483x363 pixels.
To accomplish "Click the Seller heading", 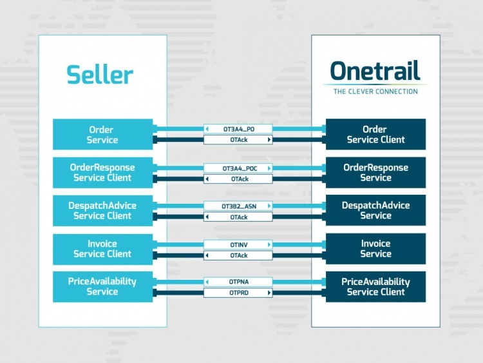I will pyautogui.click(x=100, y=74).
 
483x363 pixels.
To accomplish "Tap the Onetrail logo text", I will pyautogui.click(x=375, y=71).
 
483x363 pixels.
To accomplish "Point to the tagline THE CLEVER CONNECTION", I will pyautogui.click(x=375, y=92).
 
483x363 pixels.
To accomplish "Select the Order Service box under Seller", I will pyautogui.click(x=102, y=134).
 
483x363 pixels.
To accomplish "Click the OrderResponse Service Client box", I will pyautogui.click(x=102, y=172).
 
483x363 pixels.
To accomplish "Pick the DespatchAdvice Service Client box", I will pyautogui.click(x=102, y=210).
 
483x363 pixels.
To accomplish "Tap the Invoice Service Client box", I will pyautogui.click(x=102, y=248).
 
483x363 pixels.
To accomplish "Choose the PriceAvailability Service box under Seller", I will pyautogui.click(x=102, y=286).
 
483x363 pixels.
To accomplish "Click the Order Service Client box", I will pyautogui.click(x=375, y=134).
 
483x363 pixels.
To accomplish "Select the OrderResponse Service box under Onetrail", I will pyautogui.click(x=375, y=172).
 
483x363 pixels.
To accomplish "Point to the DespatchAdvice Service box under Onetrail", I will pyautogui.click(x=375, y=210).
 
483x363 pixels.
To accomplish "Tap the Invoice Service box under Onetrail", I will pyautogui.click(x=375, y=248).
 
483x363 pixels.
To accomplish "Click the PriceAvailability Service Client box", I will pyautogui.click(x=375, y=286).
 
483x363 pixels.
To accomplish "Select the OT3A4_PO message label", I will pyautogui.click(x=238, y=129).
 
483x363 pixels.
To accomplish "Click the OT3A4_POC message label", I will pyautogui.click(x=238, y=168).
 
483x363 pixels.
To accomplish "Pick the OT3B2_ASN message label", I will pyautogui.click(x=238, y=206).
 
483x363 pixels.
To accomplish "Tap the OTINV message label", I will pyautogui.click(x=238, y=244).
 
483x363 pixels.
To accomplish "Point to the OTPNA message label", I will pyautogui.click(x=238, y=282).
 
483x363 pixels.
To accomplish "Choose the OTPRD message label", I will pyautogui.click(x=238, y=293).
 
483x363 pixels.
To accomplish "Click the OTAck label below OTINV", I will pyautogui.click(x=238, y=255).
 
